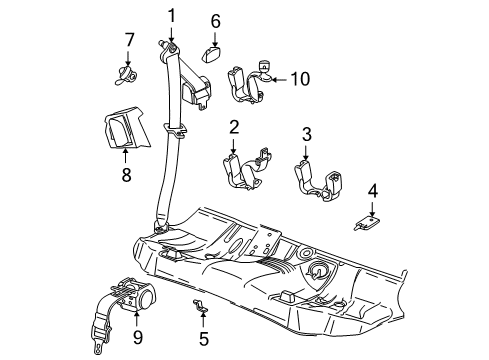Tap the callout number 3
click(x=307, y=134)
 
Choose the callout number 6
click(x=215, y=20)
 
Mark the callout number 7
click(x=129, y=39)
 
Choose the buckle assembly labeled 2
click(x=243, y=170)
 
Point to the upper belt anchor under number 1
click(x=171, y=46)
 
